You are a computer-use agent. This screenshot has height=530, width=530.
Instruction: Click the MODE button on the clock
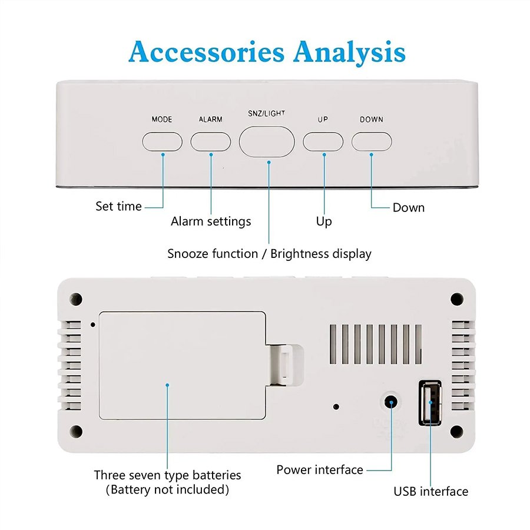(x=163, y=141)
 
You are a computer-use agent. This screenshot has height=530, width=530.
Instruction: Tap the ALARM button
(x=211, y=141)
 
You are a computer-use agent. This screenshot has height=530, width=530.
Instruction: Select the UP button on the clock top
(x=323, y=141)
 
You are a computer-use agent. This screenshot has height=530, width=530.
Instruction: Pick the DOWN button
(x=372, y=141)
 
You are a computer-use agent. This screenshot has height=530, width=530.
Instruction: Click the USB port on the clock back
(x=430, y=403)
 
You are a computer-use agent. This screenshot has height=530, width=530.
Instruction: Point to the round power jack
(x=391, y=403)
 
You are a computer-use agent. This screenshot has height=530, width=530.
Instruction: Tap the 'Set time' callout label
(x=118, y=206)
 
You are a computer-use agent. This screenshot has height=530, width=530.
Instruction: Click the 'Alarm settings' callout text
(x=211, y=221)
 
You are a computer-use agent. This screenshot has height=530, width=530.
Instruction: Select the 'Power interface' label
(x=320, y=469)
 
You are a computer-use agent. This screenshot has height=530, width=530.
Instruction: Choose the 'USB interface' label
(x=431, y=491)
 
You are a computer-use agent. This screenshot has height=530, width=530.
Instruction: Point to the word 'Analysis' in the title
(x=349, y=52)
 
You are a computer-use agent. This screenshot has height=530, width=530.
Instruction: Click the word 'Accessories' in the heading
(x=206, y=52)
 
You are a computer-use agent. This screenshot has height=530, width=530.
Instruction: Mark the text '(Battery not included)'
(x=167, y=489)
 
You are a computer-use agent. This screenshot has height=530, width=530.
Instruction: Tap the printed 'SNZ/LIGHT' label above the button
(x=267, y=114)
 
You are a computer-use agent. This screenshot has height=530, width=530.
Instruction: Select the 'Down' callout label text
(x=409, y=207)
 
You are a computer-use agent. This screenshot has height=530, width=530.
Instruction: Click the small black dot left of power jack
(x=336, y=406)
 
